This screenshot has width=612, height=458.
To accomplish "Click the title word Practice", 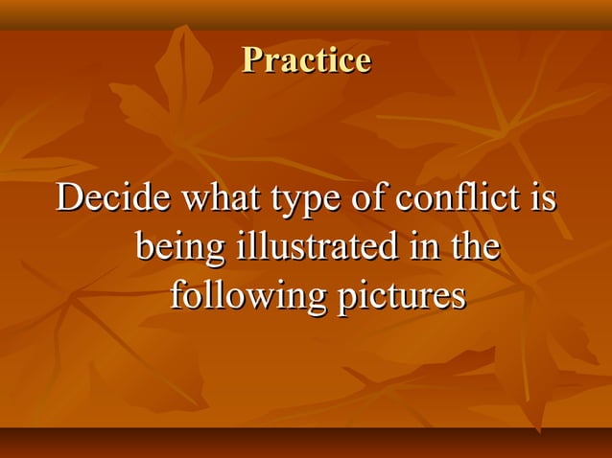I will click(x=306, y=60).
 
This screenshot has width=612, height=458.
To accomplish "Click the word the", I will click(x=474, y=246).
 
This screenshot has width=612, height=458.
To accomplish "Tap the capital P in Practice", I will click(x=252, y=60).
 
